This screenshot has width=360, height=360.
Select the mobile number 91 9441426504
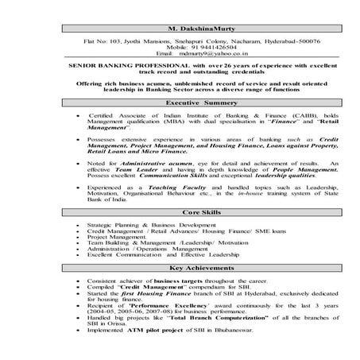click(194, 47)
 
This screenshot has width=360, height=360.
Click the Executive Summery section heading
click(183, 103)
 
